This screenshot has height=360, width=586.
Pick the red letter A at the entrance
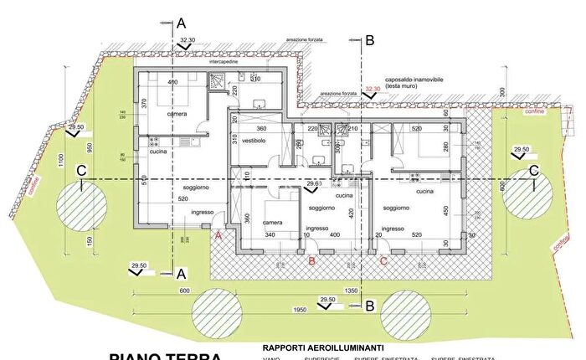219,236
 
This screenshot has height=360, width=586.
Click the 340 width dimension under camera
270,235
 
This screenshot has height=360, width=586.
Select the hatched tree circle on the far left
81,205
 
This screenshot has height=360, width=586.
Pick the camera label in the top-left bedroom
177,113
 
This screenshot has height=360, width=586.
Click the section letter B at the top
370,39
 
